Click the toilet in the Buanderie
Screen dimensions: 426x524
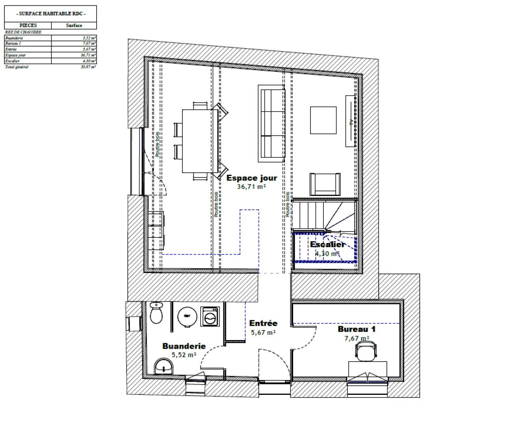click(156, 313)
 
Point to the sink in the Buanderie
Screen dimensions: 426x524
click(163, 366)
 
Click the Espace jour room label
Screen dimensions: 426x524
click(251, 178)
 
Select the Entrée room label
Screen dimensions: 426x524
click(263, 323)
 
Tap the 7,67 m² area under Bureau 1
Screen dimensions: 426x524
click(357, 338)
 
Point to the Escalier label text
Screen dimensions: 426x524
click(327, 245)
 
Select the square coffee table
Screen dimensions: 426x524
click(323, 120)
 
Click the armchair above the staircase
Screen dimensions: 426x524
click(325, 184)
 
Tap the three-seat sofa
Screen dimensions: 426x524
click(271, 123)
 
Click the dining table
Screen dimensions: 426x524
click(200, 141)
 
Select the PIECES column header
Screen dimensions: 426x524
click(28, 26)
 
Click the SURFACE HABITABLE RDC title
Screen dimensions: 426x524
click(50, 14)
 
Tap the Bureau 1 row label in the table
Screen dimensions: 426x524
click(13, 43)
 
